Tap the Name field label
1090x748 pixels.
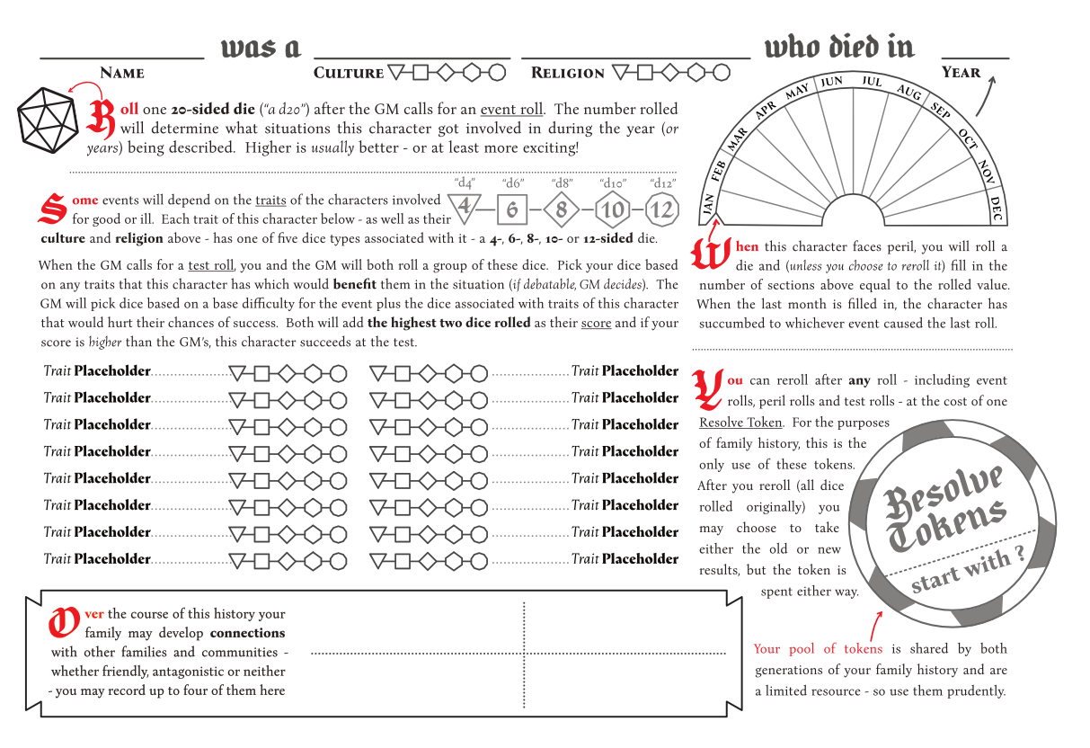tap(122, 73)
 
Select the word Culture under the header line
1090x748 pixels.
tap(349, 73)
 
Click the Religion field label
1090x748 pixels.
tap(567, 73)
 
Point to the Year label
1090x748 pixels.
tap(961, 72)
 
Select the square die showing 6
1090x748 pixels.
tap(512, 210)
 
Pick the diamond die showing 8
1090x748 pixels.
tap(562, 210)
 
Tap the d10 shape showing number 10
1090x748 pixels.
tap(612, 210)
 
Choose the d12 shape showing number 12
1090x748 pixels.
tap(661, 210)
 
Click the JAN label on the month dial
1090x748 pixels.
tap(708, 206)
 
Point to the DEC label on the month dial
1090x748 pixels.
tap(996, 208)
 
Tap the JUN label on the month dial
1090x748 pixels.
tap(831, 82)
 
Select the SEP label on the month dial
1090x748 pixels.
tap(940, 111)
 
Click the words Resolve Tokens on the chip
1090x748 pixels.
tap(944, 508)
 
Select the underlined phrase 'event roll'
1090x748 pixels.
tap(511, 110)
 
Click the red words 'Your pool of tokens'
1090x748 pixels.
tap(818, 649)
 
